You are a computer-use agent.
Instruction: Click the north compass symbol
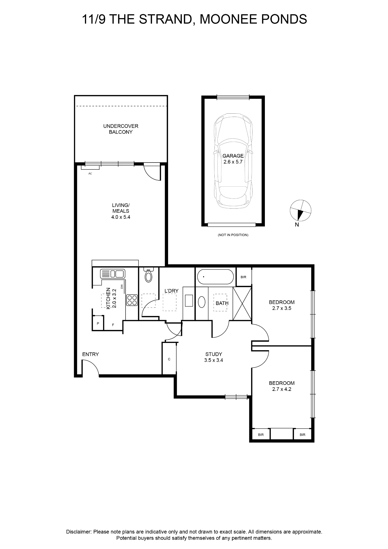301,211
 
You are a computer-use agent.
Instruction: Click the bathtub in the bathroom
216,277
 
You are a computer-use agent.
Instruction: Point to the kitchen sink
113,274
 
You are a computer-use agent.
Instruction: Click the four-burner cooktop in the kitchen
132,300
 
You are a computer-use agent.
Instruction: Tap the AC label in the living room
90,174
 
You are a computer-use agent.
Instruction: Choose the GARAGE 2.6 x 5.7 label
233,159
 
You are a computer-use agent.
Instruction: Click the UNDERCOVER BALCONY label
121,129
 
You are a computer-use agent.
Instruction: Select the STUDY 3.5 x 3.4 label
214,357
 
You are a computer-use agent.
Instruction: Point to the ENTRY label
90,354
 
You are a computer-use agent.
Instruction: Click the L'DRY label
171,291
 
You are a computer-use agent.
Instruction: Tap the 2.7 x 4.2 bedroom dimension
282,389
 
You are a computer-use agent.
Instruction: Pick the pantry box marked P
98,323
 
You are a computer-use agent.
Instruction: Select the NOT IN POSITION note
233,235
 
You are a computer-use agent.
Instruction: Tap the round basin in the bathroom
202,302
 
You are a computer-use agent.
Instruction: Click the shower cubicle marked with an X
242,303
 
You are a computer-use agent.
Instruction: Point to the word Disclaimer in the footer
78,532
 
